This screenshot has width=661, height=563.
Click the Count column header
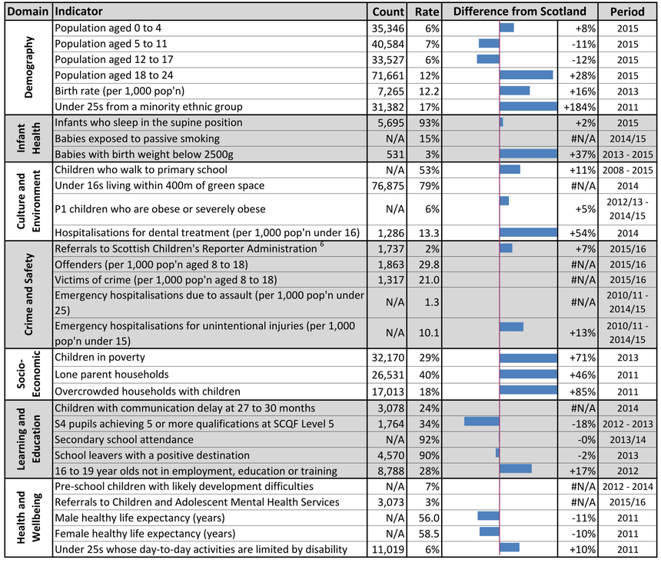point(388,12)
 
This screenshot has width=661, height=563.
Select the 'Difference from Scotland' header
point(520,12)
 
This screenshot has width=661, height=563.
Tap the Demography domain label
point(28,67)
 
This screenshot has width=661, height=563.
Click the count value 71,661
point(388,76)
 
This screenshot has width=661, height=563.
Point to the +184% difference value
point(580,107)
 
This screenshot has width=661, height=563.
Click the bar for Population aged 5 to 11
point(489,43)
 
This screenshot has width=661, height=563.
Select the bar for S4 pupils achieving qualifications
point(482,421)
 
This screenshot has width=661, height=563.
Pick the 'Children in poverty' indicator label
point(100,357)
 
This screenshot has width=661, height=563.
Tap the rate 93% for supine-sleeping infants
point(429,123)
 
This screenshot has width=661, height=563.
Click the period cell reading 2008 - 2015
point(628,171)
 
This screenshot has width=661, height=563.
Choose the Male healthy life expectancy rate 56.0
point(429,518)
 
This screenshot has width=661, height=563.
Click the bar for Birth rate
point(515,91)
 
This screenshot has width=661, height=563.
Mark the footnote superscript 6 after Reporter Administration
point(322,244)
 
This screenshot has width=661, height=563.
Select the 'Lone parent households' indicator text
point(111,375)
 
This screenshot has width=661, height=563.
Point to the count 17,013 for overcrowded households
point(388,391)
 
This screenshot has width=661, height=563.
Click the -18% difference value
point(583,424)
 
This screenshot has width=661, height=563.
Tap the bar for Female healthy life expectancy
point(490,531)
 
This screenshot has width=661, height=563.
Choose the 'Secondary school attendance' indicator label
point(124,439)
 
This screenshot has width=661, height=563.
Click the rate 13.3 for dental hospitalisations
point(429,233)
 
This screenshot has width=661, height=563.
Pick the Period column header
point(627,12)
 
